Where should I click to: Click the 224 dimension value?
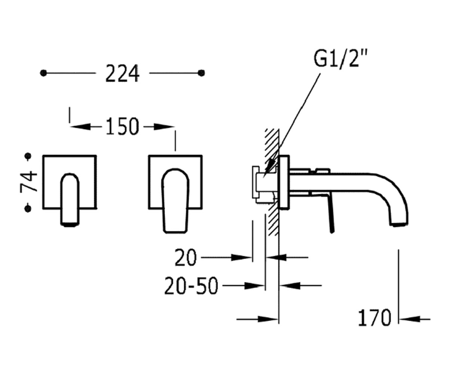click(123, 73)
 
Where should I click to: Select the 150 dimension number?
click(123, 126)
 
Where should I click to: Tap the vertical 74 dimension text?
click(28, 181)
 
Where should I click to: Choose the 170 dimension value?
click(374, 318)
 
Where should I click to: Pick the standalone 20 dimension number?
click(186, 258)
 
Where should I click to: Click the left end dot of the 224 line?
click(43, 73)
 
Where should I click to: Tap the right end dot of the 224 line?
click(201, 73)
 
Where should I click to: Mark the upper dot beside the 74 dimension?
click(28, 156)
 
